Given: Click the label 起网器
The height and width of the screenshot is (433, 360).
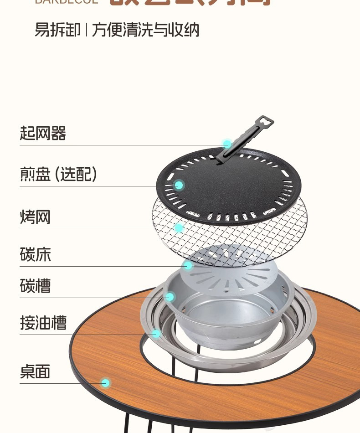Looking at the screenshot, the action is click(x=43, y=134).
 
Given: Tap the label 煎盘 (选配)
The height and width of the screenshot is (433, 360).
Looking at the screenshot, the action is click(x=58, y=174).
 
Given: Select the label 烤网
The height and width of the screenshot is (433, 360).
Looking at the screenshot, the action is click(x=35, y=217).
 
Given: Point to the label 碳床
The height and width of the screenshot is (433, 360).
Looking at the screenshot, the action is click(x=35, y=254).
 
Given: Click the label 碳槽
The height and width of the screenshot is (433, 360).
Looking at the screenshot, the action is click(x=35, y=286).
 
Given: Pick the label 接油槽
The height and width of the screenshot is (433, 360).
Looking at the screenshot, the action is click(x=43, y=323).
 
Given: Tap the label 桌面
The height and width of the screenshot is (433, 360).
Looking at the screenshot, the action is click(x=35, y=371).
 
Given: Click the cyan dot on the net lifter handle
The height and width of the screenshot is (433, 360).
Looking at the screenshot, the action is click(x=227, y=144).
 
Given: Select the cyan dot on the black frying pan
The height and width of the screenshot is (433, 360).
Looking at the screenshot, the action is click(x=179, y=185).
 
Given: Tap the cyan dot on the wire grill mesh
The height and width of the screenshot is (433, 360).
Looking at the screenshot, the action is click(x=179, y=228).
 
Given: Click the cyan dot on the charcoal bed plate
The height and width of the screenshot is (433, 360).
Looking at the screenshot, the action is click(x=188, y=265).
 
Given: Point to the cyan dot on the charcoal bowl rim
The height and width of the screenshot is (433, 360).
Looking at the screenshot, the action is click(x=170, y=297).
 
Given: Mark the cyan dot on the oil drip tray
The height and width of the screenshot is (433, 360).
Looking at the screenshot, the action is click(x=156, y=334).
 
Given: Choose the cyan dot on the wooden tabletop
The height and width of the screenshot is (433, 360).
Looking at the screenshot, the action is click(x=106, y=383).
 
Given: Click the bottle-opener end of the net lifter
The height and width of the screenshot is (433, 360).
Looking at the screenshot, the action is click(x=266, y=123).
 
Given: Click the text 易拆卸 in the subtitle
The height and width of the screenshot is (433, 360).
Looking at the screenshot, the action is click(x=57, y=30).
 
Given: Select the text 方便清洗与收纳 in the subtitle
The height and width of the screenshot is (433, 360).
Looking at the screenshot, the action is click(x=146, y=30).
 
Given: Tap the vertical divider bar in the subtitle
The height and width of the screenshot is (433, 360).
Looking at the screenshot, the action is click(x=86, y=30).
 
